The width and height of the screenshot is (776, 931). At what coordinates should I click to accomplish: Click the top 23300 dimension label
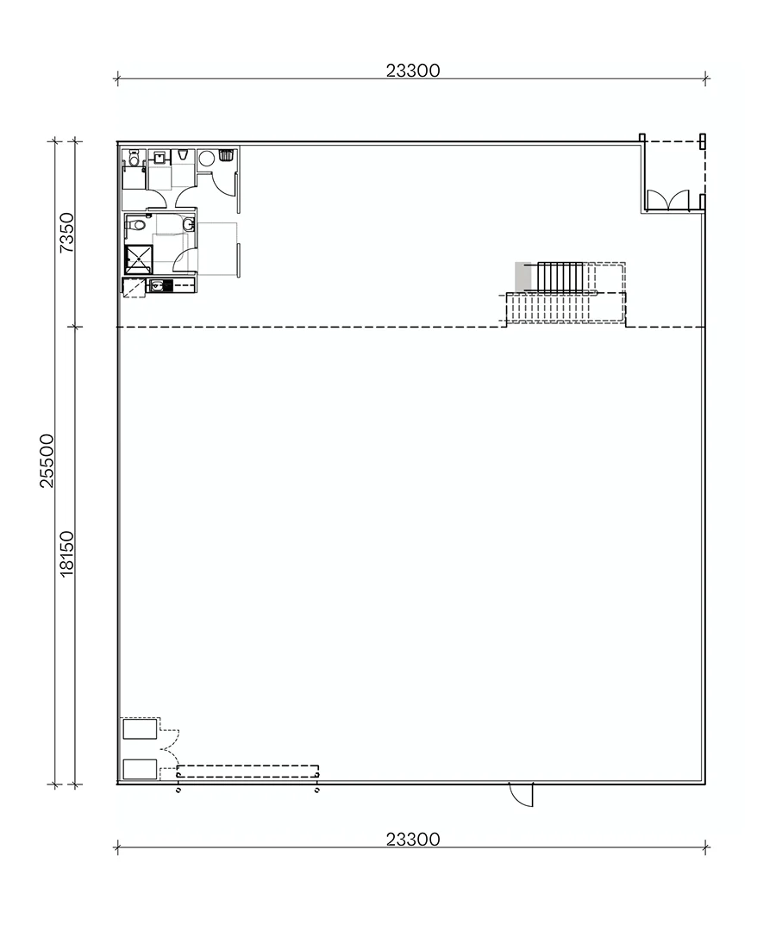(413, 71)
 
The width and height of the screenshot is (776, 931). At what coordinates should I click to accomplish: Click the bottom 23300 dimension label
(413, 839)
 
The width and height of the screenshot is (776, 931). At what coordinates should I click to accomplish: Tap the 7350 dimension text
(68, 232)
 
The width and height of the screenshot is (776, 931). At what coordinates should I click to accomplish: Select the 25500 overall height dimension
(47, 460)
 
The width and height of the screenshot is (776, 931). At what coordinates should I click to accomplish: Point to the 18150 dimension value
(66, 553)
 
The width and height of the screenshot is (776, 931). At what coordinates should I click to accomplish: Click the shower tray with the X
(139, 259)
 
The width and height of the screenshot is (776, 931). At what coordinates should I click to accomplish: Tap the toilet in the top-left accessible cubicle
(134, 159)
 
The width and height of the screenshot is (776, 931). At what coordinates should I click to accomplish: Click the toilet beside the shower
(135, 225)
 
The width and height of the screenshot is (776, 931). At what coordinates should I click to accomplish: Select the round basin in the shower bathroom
(188, 224)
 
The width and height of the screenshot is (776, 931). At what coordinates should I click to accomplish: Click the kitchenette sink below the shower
(157, 285)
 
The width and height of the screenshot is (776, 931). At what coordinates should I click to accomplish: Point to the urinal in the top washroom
(183, 155)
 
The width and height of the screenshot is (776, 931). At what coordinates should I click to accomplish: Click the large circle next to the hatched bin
(207, 159)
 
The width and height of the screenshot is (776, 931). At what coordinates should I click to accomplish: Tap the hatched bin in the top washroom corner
(226, 155)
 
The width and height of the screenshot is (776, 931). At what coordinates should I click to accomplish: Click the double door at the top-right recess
(668, 201)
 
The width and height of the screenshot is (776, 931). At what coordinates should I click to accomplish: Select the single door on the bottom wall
(522, 795)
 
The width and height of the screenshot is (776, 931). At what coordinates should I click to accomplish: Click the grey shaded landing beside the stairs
(520, 278)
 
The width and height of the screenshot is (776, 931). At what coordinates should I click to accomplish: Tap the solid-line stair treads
(560, 278)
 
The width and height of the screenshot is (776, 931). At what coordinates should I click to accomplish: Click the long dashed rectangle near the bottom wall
(247, 772)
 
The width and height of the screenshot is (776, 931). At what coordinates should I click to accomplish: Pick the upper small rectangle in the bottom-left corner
(141, 728)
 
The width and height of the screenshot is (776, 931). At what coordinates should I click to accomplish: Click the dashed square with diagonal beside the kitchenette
(135, 287)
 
